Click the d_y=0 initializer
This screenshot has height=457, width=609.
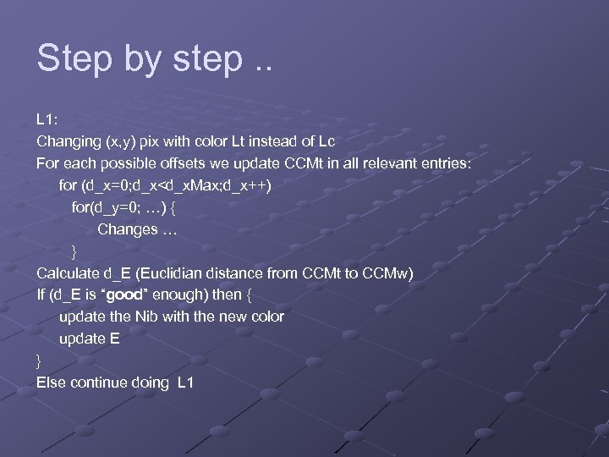pos(113,206)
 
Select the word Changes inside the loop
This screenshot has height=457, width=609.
pos(128,228)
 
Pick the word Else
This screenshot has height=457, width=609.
pos(52,383)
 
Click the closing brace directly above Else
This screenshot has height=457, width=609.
pos(39,361)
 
